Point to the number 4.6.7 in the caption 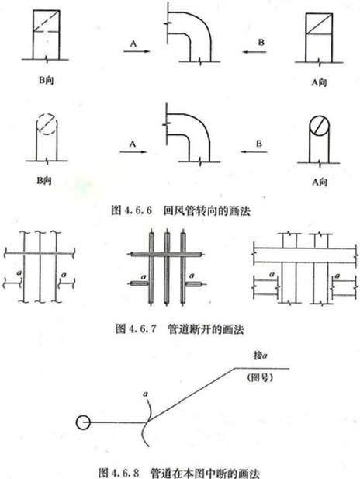(142, 328)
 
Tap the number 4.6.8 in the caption (126, 473)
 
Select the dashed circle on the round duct (46, 125)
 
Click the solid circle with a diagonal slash (319, 126)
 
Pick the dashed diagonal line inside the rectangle (46, 21)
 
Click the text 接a (260, 356)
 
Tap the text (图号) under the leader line (260, 377)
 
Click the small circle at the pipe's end (83, 422)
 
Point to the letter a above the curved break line (145, 394)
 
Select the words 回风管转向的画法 (206, 210)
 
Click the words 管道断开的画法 (206, 329)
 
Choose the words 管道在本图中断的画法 (205, 474)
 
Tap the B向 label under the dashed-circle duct (44, 181)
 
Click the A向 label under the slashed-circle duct (320, 182)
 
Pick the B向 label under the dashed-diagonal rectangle (46, 80)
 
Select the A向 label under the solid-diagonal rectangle (319, 82)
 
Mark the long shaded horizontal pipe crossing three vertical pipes (166, 254)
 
